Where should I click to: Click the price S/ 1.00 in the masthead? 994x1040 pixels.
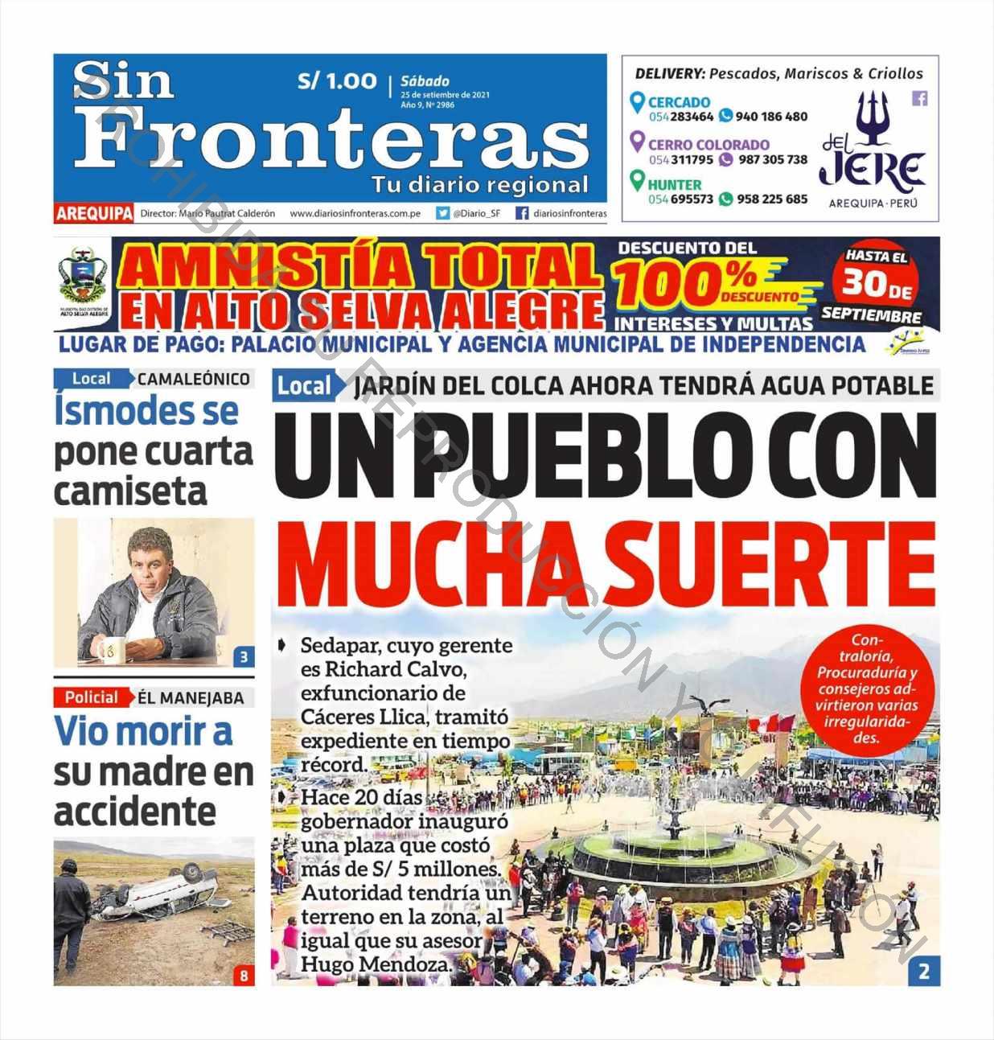pyautogui.click(x=337, y=81)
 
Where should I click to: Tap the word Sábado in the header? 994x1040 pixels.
pyautogui.click(x=425, y=81)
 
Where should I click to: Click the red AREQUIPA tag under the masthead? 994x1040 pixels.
pyautogui.click(x=94, y=213)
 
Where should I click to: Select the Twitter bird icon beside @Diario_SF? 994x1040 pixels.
pyautogui.click(x=442, y=213)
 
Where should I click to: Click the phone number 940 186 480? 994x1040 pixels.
pyautogui.click(x=771, y=117)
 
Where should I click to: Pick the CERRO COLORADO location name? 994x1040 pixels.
pyautogui.click(x=709, y=145)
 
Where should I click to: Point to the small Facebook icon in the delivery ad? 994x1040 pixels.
pyautogui.click(x=919, y=98)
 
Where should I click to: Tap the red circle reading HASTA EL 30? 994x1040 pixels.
pyautogui.click(x=877, y=278)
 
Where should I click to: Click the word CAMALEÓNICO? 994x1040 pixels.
pyautogui.click(x=194, y=379)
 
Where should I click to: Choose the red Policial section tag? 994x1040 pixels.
pyautogui.click(x=92, y=697)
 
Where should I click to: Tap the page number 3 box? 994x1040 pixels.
pyautogui.click(x=244, y=657)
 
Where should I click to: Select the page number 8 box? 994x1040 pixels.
pyautogui.click(x=244, y=976)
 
